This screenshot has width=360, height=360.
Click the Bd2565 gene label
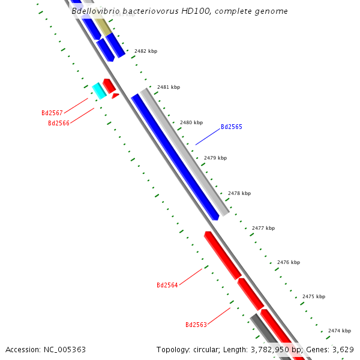231,127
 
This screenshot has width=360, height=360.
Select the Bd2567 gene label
52,113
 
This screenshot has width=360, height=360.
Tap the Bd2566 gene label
58,123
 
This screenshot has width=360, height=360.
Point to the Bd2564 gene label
167,285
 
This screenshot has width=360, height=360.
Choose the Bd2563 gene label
196,325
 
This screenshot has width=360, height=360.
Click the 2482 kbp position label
146,52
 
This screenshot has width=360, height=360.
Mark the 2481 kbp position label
169,87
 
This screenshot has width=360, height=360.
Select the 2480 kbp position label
191,122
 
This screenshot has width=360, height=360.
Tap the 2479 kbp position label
215,158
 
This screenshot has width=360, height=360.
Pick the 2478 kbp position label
239,193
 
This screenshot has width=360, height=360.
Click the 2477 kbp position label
263,228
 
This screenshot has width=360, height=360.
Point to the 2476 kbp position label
289,262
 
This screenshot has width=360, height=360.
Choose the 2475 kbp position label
314,296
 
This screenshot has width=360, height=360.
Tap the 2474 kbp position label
339,331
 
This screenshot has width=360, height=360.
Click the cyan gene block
99,91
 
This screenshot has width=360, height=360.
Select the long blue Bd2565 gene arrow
174,156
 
